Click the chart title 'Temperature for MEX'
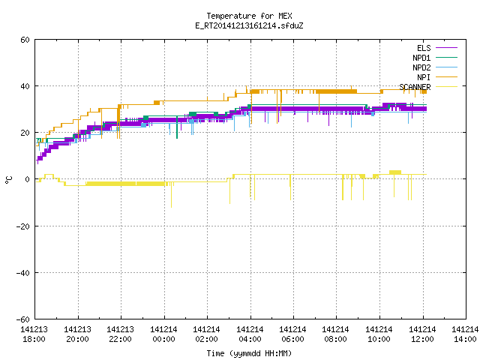249,16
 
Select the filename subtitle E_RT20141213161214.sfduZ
249,25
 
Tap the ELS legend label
424,48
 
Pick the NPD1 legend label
421,58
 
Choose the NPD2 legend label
421,67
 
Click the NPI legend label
424,77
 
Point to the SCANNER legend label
415,87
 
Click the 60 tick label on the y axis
25,40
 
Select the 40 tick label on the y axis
25,86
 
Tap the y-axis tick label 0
28,179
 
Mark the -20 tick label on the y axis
23,226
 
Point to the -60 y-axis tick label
23,319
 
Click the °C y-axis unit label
8,180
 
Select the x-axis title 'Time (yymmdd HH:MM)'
249,353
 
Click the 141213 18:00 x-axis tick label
34,334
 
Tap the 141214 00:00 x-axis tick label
163,334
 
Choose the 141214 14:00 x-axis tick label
465,334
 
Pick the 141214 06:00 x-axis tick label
293,334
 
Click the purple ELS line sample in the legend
446,48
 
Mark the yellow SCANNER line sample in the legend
446,87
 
